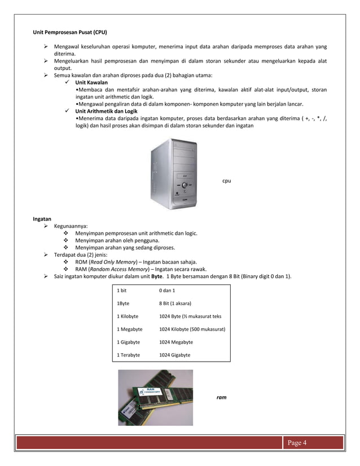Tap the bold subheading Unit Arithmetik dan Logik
point(106,111)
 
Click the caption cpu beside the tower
point(226,181)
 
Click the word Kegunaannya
point(71,226)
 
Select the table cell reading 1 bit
point(122,290)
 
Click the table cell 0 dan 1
point(167,290)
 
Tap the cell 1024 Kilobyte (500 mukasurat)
point(192,329)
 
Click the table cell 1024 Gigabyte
point(174,355)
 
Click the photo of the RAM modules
point(155,398)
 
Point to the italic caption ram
point(221,398)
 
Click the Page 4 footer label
point(297,442)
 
